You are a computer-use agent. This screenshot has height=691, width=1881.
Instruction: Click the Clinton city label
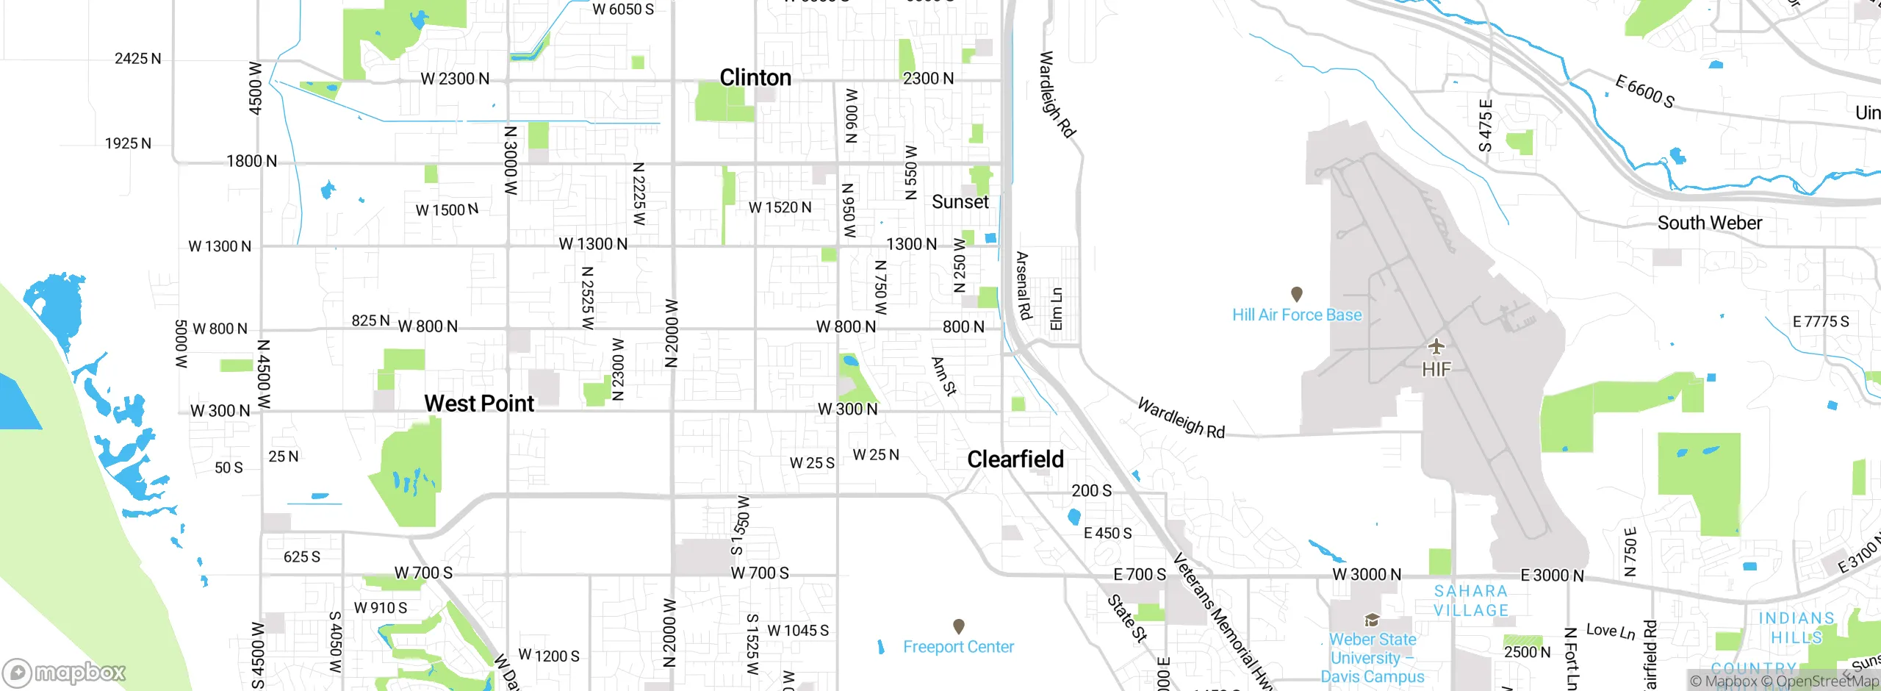tap(755, 77)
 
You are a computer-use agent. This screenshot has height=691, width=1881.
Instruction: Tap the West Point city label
tap(479, 403)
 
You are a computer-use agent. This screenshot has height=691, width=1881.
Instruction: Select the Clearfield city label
tap(1015, 459)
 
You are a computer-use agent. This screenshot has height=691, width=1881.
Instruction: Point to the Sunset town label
tap(960, 202)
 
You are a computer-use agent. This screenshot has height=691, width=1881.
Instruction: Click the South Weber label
tap(1709, 223)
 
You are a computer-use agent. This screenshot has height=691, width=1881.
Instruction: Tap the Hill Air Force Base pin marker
tap(1297, 294)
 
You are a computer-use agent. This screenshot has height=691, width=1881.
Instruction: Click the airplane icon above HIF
tap(1436, 345)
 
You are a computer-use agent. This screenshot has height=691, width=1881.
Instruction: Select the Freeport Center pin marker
tap(958, 626)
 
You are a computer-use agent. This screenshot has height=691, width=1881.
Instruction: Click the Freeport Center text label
tap(958, 647)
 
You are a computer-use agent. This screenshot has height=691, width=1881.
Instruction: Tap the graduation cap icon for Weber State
tap(1371, 620)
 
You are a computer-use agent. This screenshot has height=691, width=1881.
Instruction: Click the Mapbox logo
tap(65, 672)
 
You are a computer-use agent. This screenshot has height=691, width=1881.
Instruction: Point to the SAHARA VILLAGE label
tap(1471, 601)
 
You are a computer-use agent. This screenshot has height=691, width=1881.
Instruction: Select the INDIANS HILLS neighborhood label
tap(1796, 628)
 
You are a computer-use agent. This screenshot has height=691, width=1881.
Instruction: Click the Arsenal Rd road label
tap(1024, 286)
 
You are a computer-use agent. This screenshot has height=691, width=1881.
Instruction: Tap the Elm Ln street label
tap(1056, 309)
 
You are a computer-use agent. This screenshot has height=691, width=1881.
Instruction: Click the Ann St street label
tap(943, 376)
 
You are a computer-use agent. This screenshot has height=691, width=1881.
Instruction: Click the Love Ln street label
tap(1610, 631)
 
